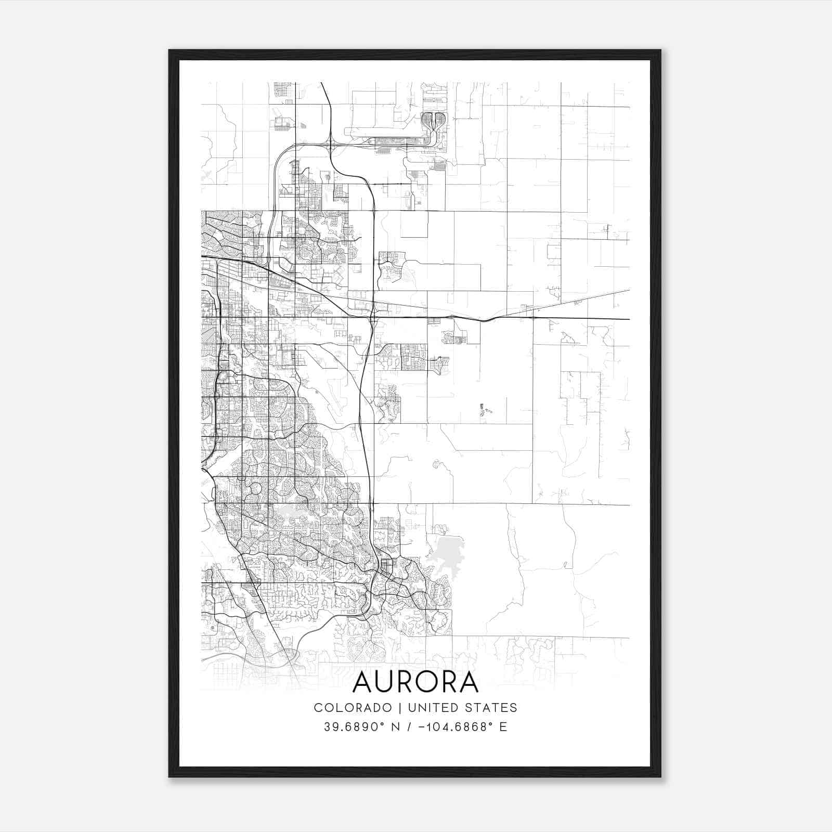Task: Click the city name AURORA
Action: coord(415,683)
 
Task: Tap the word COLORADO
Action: coord(353,708)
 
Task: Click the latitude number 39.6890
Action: coord(353,726)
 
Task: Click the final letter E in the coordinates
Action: coord(503,726)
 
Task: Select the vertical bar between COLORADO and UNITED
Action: coord(400,708)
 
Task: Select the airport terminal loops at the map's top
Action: coord(433,121)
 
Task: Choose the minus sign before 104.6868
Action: coord(428,726)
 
